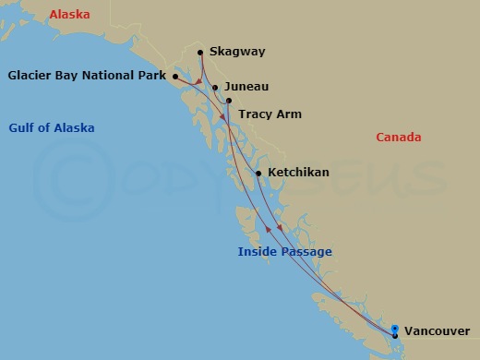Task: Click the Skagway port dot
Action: pyautogui.click(x=200, y=52)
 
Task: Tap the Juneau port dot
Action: pyautogui.click(x=215, y=88)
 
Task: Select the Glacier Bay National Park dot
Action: pyautogui.click(x=174, y=77)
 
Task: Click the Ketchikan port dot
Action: pyautogui.click(x=258, y=173)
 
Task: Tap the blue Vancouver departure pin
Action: pyautogui.click(x=395, y=330)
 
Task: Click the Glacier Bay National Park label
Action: pyautogui.click(x=88, y=76)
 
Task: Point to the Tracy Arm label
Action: pyautogui.click(x=270, y=114)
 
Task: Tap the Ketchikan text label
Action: pyautogui.click(x=298, y=173)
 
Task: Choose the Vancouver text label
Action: pyautogui.click(x=436, y=331)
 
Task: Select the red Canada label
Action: pyautogui.click(x=398, y=138)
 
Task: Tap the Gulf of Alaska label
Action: pyautogui.click(x=52, y=127)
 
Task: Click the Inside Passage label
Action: pyautogui.click(x=284, y=252)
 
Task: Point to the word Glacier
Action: pyautogui.click(x=29, y=76)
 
